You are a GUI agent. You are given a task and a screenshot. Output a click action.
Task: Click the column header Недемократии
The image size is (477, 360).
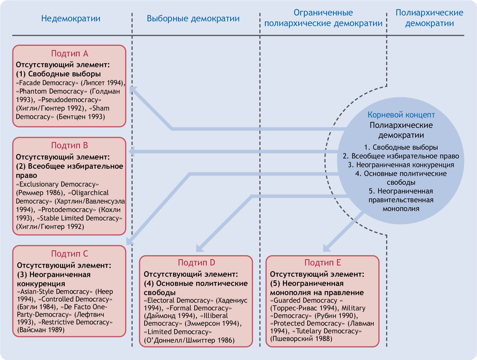pyautogui.click(x=71, y=19)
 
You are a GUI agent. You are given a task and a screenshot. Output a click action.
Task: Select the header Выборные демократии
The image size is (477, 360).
pyautogui.click(x=193, y=19)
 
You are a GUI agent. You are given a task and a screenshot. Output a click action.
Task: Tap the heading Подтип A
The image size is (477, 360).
pyautogui.click(x=69, y=53)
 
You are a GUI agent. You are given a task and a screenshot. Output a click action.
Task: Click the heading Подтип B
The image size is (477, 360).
pyautogui.click(x=69, y=145)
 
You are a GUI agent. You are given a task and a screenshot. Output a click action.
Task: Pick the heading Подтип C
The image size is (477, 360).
pyautogui.click(x=69, y=253)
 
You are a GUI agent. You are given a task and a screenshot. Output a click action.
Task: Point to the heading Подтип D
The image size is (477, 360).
pyautogui.click(x=196, y=263)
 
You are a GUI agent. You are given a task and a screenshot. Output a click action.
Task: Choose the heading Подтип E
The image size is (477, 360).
pyautogui.click(x=323, y=263)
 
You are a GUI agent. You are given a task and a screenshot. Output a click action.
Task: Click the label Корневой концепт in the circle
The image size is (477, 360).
pyautogui.click(x=401, y=115)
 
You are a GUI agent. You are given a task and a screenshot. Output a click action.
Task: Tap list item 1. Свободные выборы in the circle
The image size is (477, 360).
pyautogui.click(x=401, y=147)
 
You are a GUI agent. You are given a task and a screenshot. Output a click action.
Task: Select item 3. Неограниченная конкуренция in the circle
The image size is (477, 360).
pyautogui.click(x=401, y=165)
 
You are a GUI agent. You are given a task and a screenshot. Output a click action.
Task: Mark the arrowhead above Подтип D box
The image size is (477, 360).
pyautogui.click(x=200, y=248)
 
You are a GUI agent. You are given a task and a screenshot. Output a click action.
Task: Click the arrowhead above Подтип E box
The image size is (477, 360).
pyautogui.click(x=326, y=248)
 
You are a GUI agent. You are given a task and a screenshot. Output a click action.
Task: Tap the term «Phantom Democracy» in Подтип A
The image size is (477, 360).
pyautogui.click(x=52, y=91)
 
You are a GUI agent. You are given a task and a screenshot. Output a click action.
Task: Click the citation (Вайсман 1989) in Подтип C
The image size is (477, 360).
pyautogui.click(x=41, y=330)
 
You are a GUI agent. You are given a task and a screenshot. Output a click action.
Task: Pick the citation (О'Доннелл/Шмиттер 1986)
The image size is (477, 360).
pyautogui.click(x=189, y=340)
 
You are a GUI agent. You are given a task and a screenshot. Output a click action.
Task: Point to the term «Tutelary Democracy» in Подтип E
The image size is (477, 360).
pyautogui.click(x=327, y=331)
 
